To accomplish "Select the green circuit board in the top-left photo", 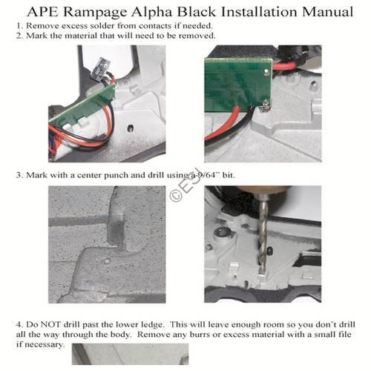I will (x=82, y=108).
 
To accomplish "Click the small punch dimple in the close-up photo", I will (x=107, y=260).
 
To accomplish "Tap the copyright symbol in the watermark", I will (x=177, y=197).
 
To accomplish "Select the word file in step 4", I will (x=341, y=335).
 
